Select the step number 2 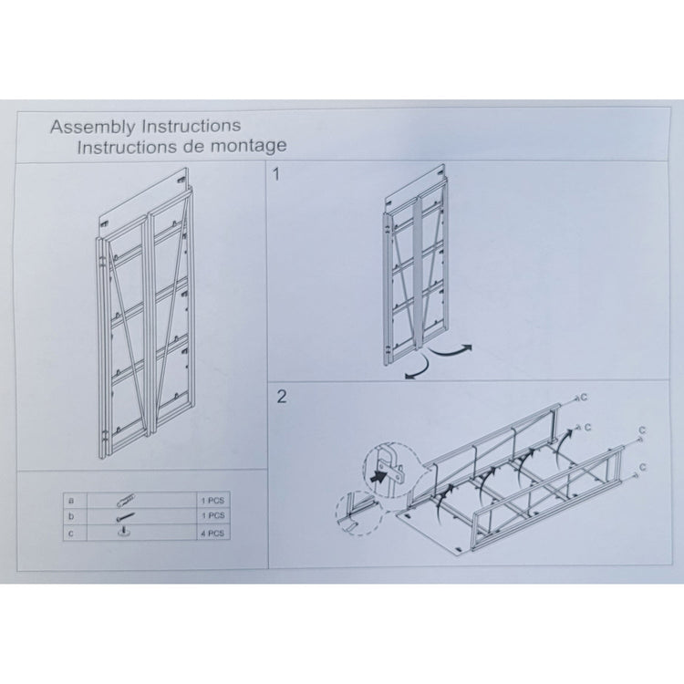281,396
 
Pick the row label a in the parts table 71,500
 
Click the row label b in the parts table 71,516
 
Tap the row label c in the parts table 71,533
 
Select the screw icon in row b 125,516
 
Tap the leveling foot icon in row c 124,533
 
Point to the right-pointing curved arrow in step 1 453,349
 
